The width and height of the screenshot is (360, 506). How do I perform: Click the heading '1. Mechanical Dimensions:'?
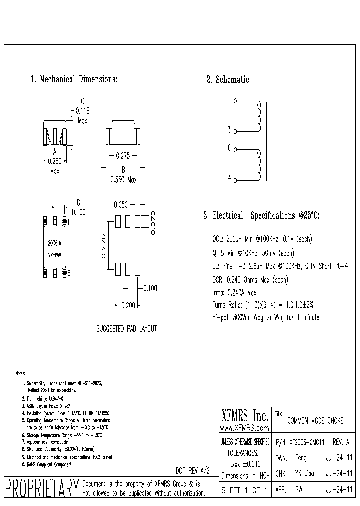click(x=74, y=79)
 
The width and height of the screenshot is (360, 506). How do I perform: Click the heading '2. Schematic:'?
click(x=228, y=80)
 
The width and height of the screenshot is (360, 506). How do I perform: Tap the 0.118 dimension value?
click(x=82, y=111)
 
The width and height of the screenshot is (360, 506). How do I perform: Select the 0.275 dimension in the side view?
click(x=123, y=156)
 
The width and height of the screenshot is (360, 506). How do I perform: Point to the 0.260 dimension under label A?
click(x=55, y=161)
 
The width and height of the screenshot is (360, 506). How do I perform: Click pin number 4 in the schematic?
click(x=229, y=178)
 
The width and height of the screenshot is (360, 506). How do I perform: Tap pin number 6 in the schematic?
click(x=229, y=148)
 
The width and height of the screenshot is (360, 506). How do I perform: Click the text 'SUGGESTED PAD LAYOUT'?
click(x=126, y=329)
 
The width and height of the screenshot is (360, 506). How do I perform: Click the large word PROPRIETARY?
click(x=41, y=489)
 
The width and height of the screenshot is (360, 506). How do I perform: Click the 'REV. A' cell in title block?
click(x=341, y=442)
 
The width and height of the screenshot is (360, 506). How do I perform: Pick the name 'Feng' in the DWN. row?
click(x=301, y=457)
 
